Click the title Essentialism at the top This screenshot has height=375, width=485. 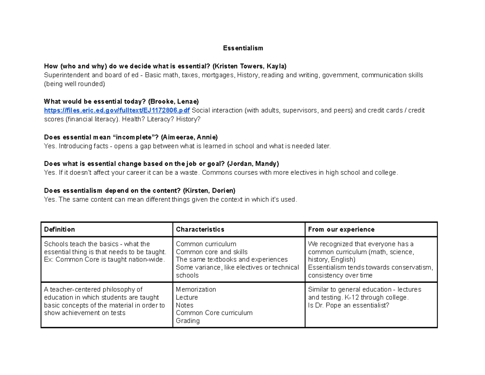click(243, 48)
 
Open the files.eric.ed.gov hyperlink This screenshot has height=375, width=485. click(117, 110)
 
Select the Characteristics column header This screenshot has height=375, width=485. click(200, 229)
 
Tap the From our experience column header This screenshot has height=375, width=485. click(341, 229)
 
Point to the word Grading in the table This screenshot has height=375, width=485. click(188, 321)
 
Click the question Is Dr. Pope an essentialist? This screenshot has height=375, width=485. click(348, 305)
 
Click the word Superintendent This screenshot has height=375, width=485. click(66, 75)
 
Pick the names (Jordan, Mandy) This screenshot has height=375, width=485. click(253, 164)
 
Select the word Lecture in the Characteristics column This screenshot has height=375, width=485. click(187, 297)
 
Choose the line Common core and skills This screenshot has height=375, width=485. click(206, 252)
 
